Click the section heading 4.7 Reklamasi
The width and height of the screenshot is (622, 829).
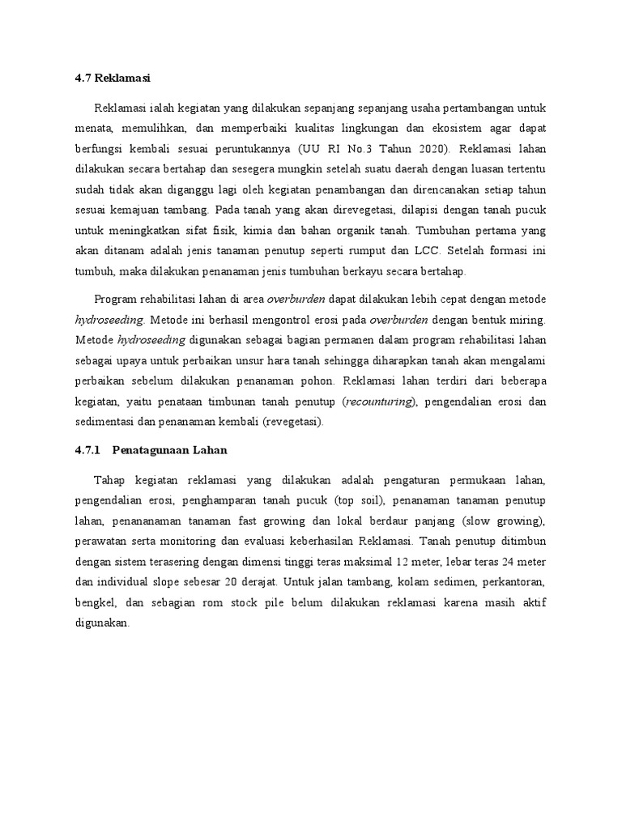[x=109, y=79]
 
